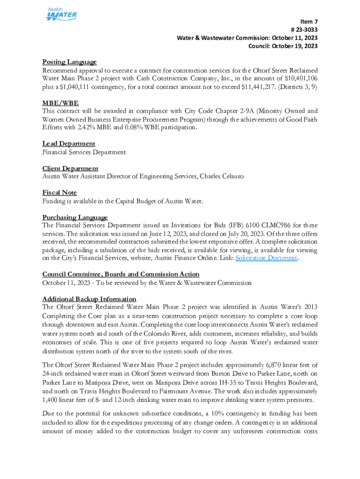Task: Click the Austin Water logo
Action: [61, 14]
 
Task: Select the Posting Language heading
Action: [70, 62]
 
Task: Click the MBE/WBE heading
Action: [60, 103]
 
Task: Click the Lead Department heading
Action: [69, 144]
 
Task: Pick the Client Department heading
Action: [70, 168]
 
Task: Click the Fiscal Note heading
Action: [59, 193]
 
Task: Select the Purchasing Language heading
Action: [75, 218]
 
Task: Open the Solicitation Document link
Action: [266, 258]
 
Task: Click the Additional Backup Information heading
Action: [89, 299]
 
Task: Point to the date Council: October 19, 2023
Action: [283, 46]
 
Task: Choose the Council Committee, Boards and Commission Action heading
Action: [121, 274]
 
